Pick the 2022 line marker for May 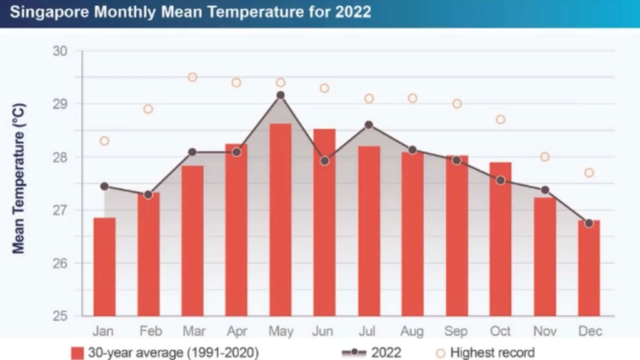[x=281, y=95]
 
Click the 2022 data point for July [x=369, y=125]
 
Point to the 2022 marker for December [x=589, y=223]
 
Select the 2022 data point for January [x=104, y=186]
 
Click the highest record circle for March [x=192, y=77]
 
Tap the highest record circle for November [x=545, y=157]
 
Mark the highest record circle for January [x=104, y=141]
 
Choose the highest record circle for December [x=589, y=172]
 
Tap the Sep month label [x=457, y=331]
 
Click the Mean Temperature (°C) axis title [x=19, y=170]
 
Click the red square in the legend [x=77, y=353]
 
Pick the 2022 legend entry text [x=386, y=353]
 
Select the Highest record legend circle [x=441, y=353]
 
